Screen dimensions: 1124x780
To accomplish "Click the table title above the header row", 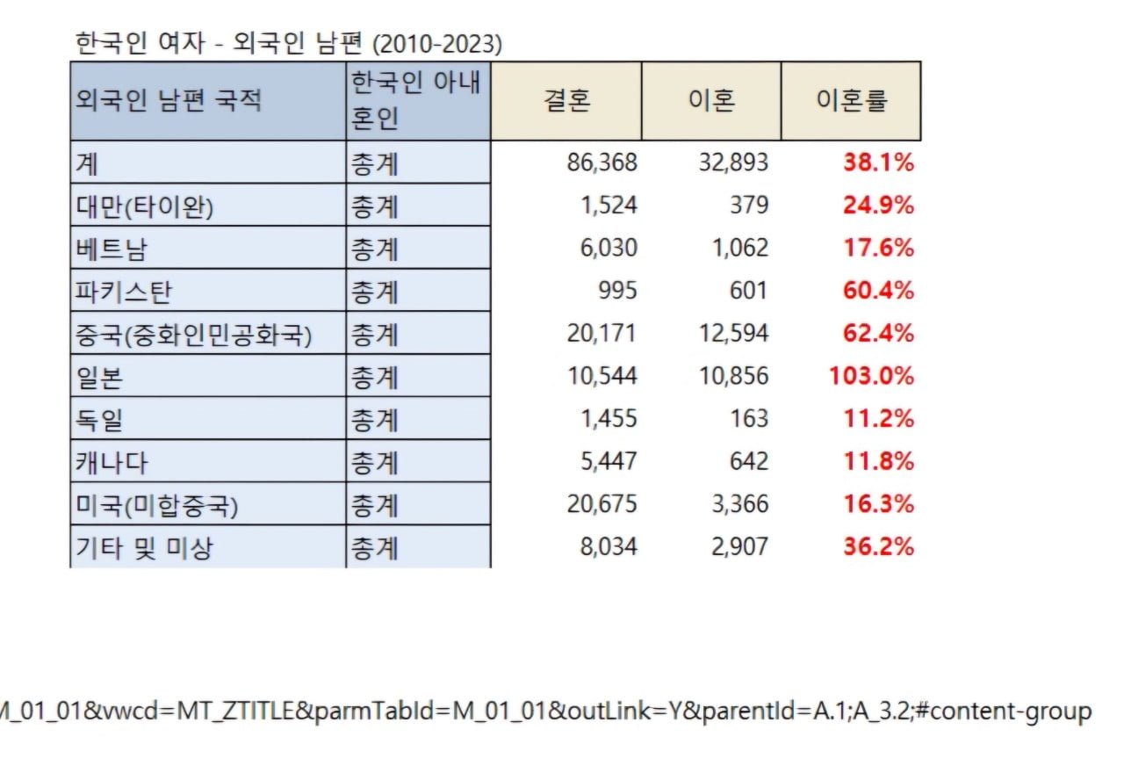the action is pyautogui.click(x=289, y=43).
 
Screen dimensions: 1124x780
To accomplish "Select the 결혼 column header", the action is pyautogui.click(x=566, y=100).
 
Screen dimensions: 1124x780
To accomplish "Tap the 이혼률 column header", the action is pyautogui.click(x=852, y=100).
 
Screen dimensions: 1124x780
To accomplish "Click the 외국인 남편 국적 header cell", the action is pyautogui.click(x=168, y=100).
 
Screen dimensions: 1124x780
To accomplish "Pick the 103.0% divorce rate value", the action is pyautogui.click(x=872, y=376).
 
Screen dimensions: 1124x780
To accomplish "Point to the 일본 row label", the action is pyautogui.click(x=99, y=378).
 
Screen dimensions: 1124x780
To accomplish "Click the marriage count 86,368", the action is pyautogui.click(x=602, y=162).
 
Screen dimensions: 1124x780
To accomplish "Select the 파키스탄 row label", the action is pyautogui.click(x=124, y=292).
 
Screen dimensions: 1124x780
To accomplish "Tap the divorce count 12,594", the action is pyautogui.click(x=733, y=333).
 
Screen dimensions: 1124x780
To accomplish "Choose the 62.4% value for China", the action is pyautogui.click(x=879, y=333).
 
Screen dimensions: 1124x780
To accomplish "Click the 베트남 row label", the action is pyautogui.click(x=111, y=249).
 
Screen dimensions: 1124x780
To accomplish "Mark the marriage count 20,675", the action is pyautogui.click(x=602, y=504).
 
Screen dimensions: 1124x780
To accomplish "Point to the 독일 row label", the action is pyautogui.click(x=99, y=420).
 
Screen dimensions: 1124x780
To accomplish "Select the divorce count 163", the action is pyautogui.click(x=749, y=419).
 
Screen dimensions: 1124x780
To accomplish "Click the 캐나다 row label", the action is pyautogui.click(x=112, y=462).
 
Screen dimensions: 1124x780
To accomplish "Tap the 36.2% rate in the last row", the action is pyautogui.click(x=879, y=546).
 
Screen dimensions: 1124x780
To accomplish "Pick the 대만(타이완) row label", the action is pyautogui.click(x=145, y=206).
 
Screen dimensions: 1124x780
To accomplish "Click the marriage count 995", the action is pyautogui.click(x=617, y=291).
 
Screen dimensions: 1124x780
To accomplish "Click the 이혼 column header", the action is pyautogui.click(x=712, y=100).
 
